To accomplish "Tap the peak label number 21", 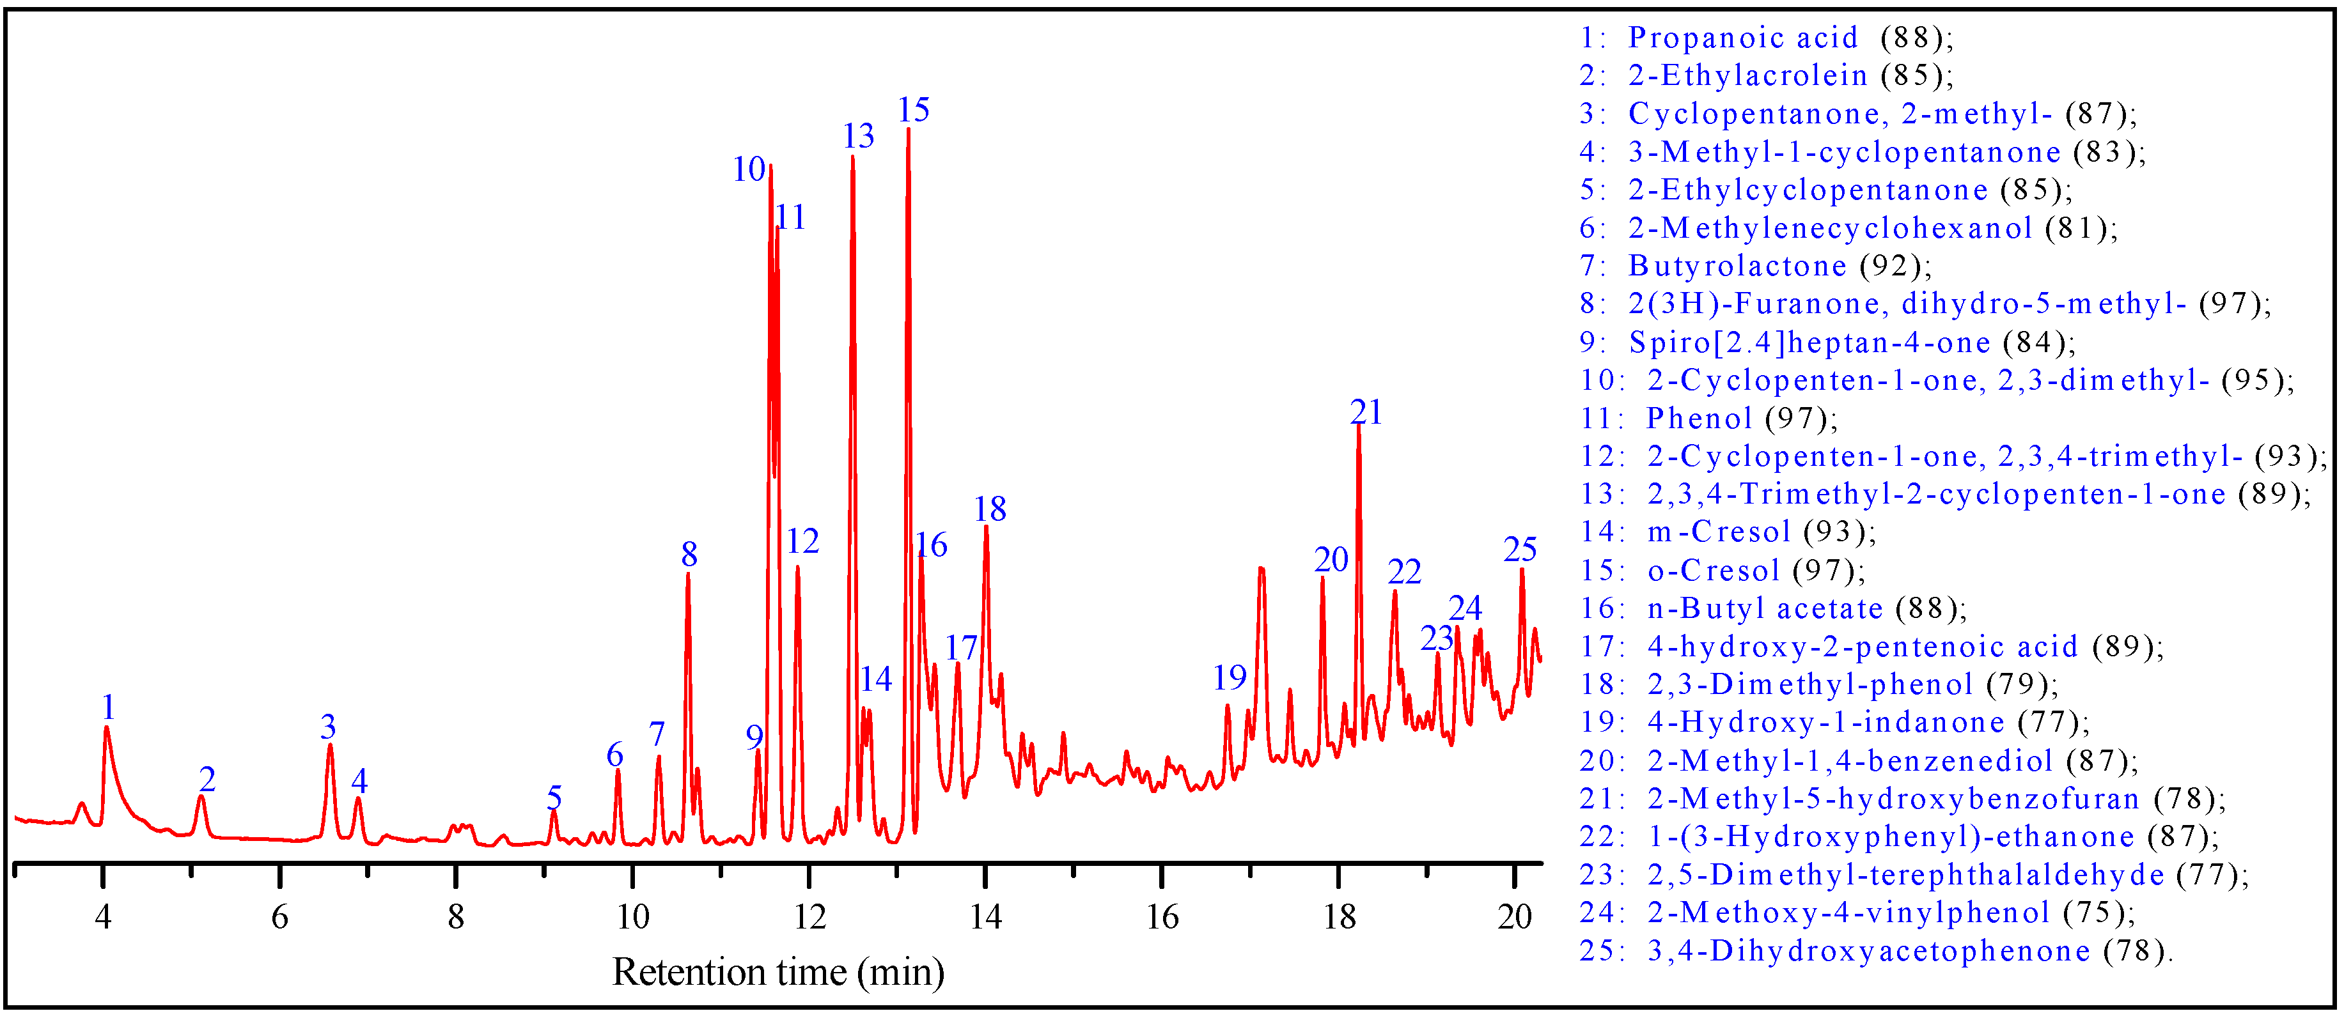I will pyautogui.click(x=1365, y=412).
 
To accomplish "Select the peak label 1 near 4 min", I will pyautogui.click(x=108, y=707).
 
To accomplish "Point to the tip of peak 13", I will pyautogui.click(x=852, y=157).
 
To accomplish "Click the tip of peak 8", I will pyautogui.click(x=688, y=573).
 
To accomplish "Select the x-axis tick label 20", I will pyautogui.click(x=1514, y=917).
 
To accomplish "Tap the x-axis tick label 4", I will pyautogui.click(x=103, y=917).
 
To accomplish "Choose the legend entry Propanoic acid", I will pyautogui.click(x=1742, y=37).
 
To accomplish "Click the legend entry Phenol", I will pyautogui.click(x=1698, y=419).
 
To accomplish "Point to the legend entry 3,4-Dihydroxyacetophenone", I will pyautogui.click(x=1869, y=951).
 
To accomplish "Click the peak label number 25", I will pyautogui.click(x=1520, y=550).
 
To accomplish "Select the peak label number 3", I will pyautogui.click(x=327, y=726).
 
